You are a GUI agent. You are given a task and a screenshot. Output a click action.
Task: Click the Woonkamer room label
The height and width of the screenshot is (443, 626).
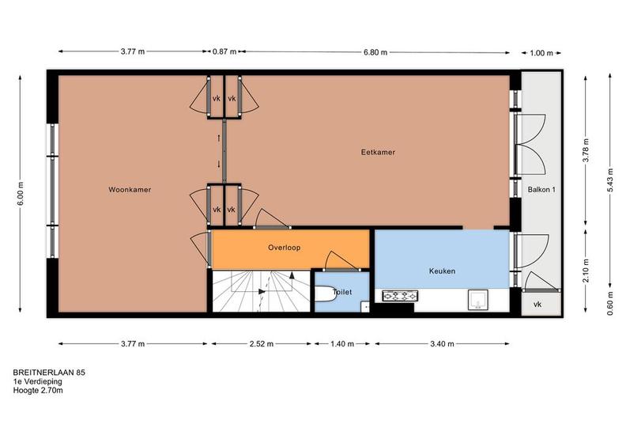tap(130, 190)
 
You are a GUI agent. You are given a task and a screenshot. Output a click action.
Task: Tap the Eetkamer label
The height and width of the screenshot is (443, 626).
tap(378, 152)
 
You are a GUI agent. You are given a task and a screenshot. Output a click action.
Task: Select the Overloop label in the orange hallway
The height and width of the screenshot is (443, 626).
tap(285, 248)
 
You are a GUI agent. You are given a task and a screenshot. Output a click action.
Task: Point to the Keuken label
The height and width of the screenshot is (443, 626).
tap(442, 271)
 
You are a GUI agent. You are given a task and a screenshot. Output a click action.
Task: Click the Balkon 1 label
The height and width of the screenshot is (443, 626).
tap(541, 190)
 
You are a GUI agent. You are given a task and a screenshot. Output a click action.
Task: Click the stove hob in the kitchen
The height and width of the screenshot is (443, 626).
tap(400, 296)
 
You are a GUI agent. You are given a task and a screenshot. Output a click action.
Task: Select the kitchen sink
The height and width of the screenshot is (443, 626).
tap(478, 300)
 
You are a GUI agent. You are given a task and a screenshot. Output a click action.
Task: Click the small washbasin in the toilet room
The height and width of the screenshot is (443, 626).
tap(365, 307)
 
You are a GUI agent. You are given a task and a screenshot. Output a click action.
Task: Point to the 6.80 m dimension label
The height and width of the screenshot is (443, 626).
tap(375, 52)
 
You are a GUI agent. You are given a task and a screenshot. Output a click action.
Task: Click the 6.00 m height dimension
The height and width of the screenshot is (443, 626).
tap(21, 193)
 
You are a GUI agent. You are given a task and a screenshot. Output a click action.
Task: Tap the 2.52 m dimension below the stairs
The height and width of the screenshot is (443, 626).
tap(262, 344)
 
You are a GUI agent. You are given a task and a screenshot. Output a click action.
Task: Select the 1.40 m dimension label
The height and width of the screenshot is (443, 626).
tap(342, 344)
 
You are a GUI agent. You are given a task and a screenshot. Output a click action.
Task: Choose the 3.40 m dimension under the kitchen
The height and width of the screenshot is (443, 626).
tap(442, 344)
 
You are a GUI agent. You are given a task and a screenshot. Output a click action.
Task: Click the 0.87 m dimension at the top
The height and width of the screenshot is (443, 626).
tap(224, 51)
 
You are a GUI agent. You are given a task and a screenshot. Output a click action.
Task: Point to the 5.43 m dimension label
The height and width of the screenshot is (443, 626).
tap(609, 180)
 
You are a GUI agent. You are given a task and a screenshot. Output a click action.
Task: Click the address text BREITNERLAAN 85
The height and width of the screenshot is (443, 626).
tap(49, 373)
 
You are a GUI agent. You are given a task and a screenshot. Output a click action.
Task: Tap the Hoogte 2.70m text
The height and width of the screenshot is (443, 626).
tap(38, 390)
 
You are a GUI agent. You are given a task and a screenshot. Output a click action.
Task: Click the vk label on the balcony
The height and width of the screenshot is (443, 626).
tap(537, 305)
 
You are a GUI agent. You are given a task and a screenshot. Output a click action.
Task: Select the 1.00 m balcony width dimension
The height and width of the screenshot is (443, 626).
tap(541, 53)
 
